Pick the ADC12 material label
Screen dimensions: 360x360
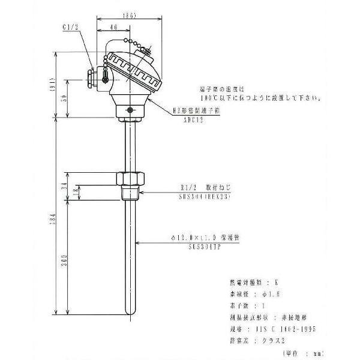pos(194,120)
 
